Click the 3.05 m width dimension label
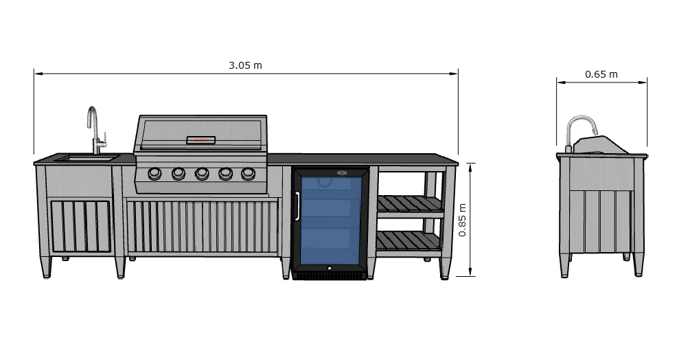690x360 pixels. tap(245, 65)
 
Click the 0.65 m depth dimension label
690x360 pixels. tap(601, 74)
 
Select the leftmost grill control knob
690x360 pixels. tap(154, 173)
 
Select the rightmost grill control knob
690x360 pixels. tap(247, 173)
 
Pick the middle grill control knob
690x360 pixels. tap(201, 173)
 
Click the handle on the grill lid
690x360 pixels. tap(201, 140)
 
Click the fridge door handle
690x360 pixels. tap(297, 205)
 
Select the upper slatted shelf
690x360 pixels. tap(409, 204)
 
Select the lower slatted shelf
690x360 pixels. tap(409, 241)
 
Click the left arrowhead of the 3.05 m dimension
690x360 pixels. tap(37, 72)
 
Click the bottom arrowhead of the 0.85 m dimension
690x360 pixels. tap(470, 273)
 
